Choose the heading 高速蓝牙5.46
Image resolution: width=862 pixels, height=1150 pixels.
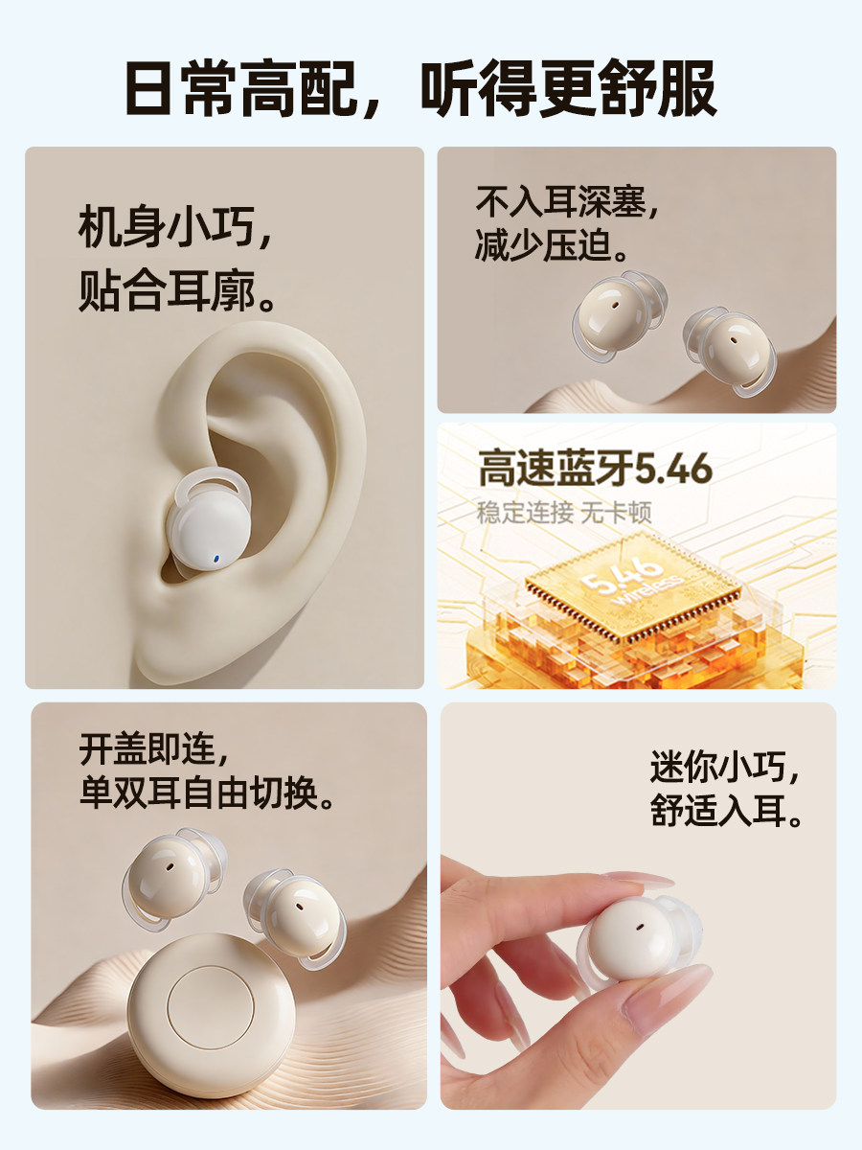(x=595, y=470)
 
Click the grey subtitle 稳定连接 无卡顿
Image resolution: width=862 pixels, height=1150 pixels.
(x=564, y=513)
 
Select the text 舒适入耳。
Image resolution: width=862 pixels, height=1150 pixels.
(x=726, y=814)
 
